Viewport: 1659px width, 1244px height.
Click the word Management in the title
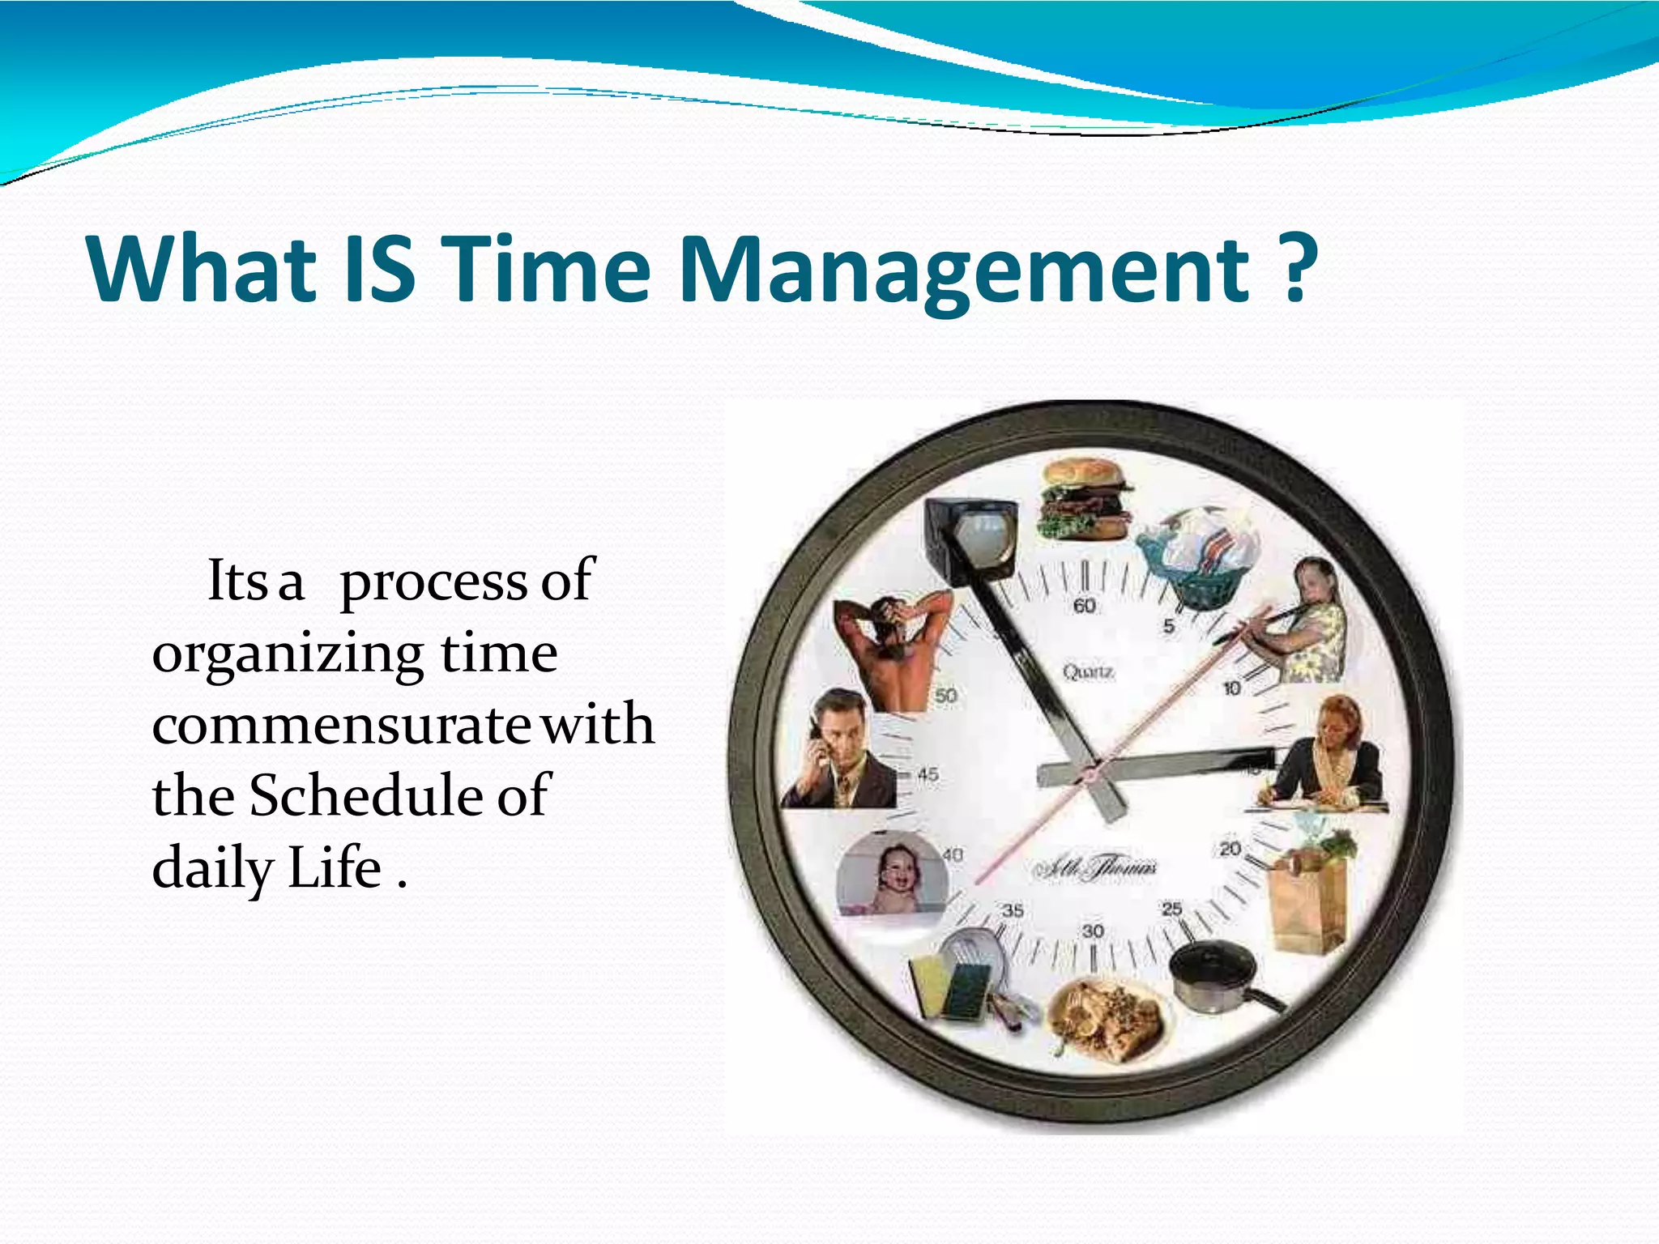point(964,270)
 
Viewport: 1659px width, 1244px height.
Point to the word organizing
point(288,654)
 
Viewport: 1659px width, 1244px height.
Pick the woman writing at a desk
point(1328,757)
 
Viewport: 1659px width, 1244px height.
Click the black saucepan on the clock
point(1215,976)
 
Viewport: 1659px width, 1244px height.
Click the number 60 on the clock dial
point(1084,606)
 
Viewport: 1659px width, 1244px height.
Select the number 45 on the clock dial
point(928,775)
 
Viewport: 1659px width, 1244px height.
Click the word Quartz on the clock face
point(1088,672)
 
